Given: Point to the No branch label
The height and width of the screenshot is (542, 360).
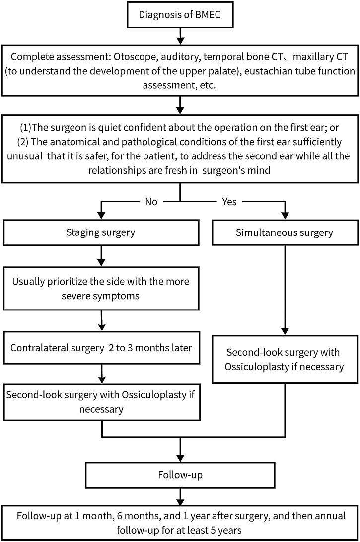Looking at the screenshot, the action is (x=151, y=202).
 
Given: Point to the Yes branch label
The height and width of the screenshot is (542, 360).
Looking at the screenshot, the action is (x=229, y=202).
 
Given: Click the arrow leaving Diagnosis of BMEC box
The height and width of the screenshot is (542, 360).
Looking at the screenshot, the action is (x=180, y=36).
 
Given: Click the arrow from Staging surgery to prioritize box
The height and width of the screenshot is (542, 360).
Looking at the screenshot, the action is (x=101, y=256).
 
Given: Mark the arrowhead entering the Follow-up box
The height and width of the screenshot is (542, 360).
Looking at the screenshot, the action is (x=180, y=458).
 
